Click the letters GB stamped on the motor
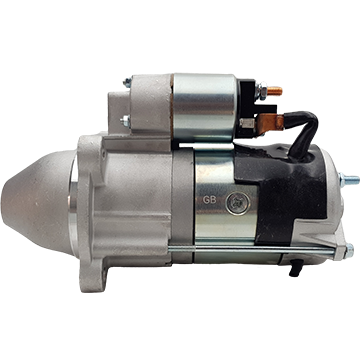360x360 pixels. click(x=210, y=200)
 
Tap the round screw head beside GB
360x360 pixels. click(x=237, y=203)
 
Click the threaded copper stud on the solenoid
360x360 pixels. click(x=274, y=91)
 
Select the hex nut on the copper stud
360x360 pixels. click(x=262, y=90)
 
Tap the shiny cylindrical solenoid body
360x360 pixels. click(x=204, y=107)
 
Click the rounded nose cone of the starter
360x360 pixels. click(x=37, y=203)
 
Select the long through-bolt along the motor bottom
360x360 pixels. click(x=252, y=249)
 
